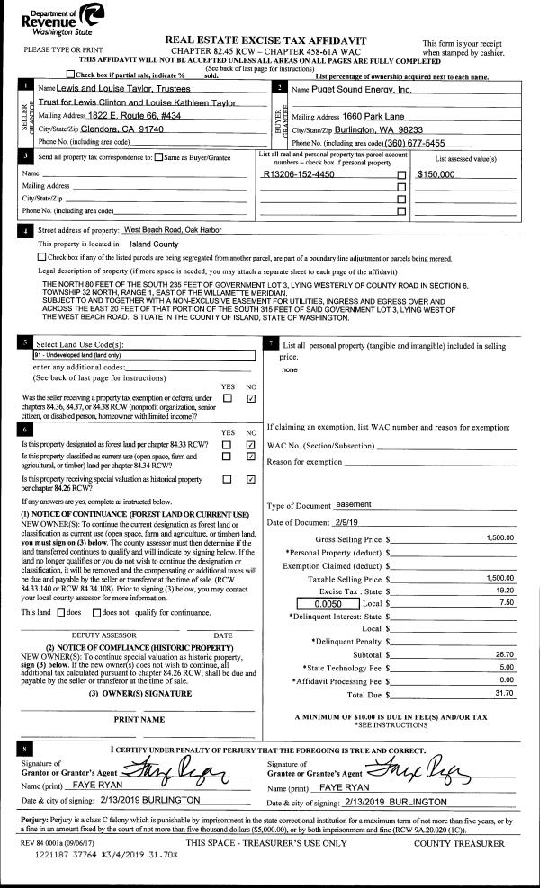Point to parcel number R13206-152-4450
[x=298, y=173]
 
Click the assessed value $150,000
[x=440, y=173]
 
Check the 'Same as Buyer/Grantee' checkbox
[x=158, y=157]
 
